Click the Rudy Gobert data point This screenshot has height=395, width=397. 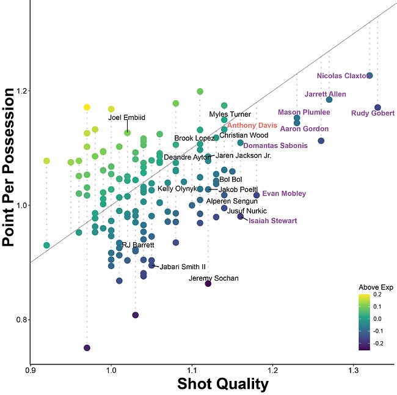(x=378, y=108)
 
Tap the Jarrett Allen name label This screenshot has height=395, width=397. (x=325, y=94)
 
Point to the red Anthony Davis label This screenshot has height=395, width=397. (x=252, y=125)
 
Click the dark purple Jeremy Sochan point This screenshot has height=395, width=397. (x=208, y=284)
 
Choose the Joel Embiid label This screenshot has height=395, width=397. (x=126, y=117)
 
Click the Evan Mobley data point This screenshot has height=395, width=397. (x=257, y=195)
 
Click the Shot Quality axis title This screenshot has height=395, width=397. (x=222, y=384)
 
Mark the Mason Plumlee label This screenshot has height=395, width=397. (x=304, y=112)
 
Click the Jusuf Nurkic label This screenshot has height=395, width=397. (x=247, y=210)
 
